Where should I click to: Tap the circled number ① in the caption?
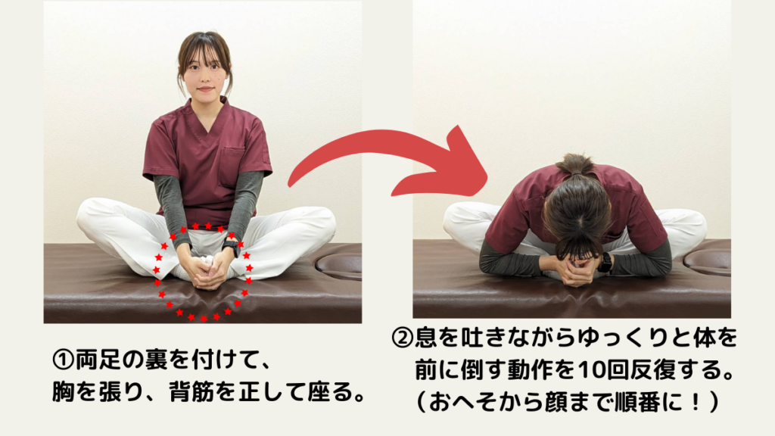63,360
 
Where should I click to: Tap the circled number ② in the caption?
403,338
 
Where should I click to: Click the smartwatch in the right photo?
605,262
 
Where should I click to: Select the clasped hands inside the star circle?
207,271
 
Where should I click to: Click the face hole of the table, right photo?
708,260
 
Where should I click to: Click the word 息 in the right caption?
426,338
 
